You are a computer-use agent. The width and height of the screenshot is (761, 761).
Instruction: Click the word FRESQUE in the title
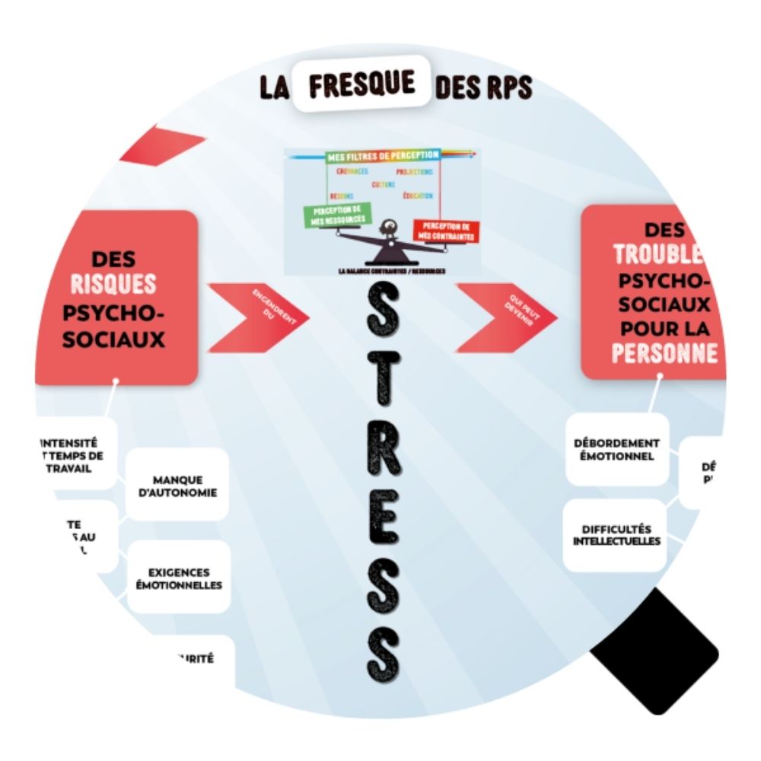[363, 85]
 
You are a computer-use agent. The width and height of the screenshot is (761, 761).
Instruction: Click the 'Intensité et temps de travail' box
[72, 454]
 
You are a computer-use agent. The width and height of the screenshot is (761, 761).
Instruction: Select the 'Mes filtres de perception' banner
[383, 155]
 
